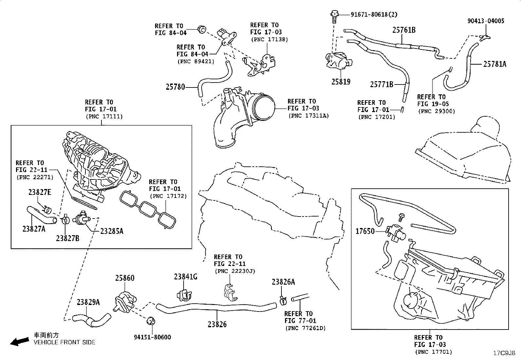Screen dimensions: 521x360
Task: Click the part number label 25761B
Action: click(404, 30)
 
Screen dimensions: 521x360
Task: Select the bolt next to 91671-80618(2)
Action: click(334, 16)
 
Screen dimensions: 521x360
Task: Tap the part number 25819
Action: click(341, 82)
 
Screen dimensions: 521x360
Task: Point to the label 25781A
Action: click(495, 64)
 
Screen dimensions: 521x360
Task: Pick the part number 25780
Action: click(175, 87)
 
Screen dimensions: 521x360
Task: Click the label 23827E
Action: click(40, 192)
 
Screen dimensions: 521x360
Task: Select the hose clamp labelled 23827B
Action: click(65, 219)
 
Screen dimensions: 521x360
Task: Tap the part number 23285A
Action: click(112, 231)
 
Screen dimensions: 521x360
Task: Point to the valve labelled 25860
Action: click(125, 302)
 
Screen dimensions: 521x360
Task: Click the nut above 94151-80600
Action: click(151, 321)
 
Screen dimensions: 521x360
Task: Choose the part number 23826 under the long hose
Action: click(217, 324)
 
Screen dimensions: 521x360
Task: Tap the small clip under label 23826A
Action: click(283, 300)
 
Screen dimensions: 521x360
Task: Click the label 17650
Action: click(365, 231)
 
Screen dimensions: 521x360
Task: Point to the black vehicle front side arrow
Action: click(20, 342)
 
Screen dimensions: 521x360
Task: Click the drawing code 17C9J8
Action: click(504, 353)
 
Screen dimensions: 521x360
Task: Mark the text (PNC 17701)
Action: click(434, 352)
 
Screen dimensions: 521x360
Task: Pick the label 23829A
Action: click(88, 302)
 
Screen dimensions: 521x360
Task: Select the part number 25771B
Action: click(382, 84)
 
